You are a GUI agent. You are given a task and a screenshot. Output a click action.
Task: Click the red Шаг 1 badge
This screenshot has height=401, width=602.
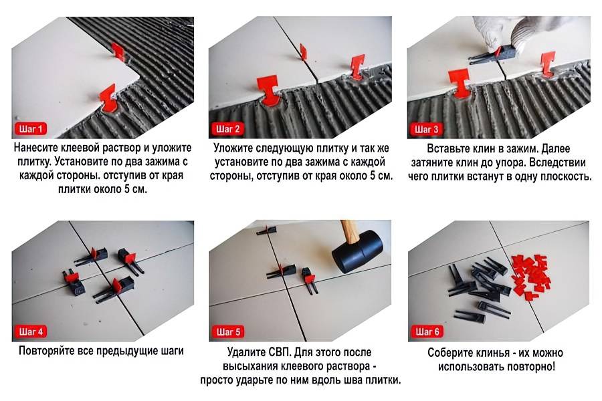tap(31, 129)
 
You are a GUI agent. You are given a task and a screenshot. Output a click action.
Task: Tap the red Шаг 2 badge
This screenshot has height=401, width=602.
tap(227, 129)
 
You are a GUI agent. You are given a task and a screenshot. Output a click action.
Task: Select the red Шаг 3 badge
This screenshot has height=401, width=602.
tap(426, 129)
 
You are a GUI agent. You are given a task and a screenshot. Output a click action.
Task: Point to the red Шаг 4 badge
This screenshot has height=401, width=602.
tap(31, 331)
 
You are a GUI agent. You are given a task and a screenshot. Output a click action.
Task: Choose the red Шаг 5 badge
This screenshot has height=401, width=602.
tap(228, 331)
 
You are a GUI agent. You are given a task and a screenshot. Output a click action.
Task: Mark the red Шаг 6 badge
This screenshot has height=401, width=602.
tap(427, 331)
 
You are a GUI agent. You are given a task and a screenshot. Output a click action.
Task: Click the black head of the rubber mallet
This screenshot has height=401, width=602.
tap(357, 251)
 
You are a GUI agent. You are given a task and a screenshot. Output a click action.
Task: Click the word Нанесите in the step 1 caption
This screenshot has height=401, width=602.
tap(37, 148)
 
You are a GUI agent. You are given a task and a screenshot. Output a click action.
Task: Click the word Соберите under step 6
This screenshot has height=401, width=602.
tap(450, 353)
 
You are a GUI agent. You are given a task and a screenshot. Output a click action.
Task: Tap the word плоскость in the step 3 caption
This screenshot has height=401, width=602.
tap(566, 176)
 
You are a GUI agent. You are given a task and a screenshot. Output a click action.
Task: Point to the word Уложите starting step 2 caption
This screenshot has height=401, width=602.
tap(233, 148)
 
